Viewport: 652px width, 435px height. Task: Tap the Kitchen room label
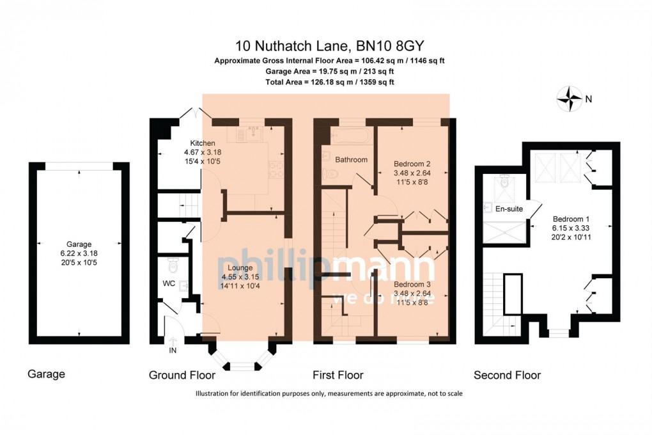click(202, 143)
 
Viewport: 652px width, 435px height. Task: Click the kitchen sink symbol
click(250, 133)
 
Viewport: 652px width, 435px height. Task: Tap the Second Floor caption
click(507, 376)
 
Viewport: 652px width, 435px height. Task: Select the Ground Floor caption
click(182, 376)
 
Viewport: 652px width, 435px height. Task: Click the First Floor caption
click(338, 376)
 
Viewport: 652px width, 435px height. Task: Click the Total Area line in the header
click(329, 83)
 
